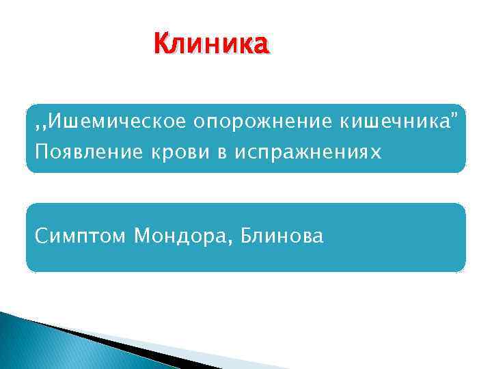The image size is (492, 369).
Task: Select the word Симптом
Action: click(x=81, y=236)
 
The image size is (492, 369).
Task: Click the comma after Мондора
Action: click(x=224, y=242)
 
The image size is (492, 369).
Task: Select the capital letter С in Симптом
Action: click(x=43, y=236)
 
